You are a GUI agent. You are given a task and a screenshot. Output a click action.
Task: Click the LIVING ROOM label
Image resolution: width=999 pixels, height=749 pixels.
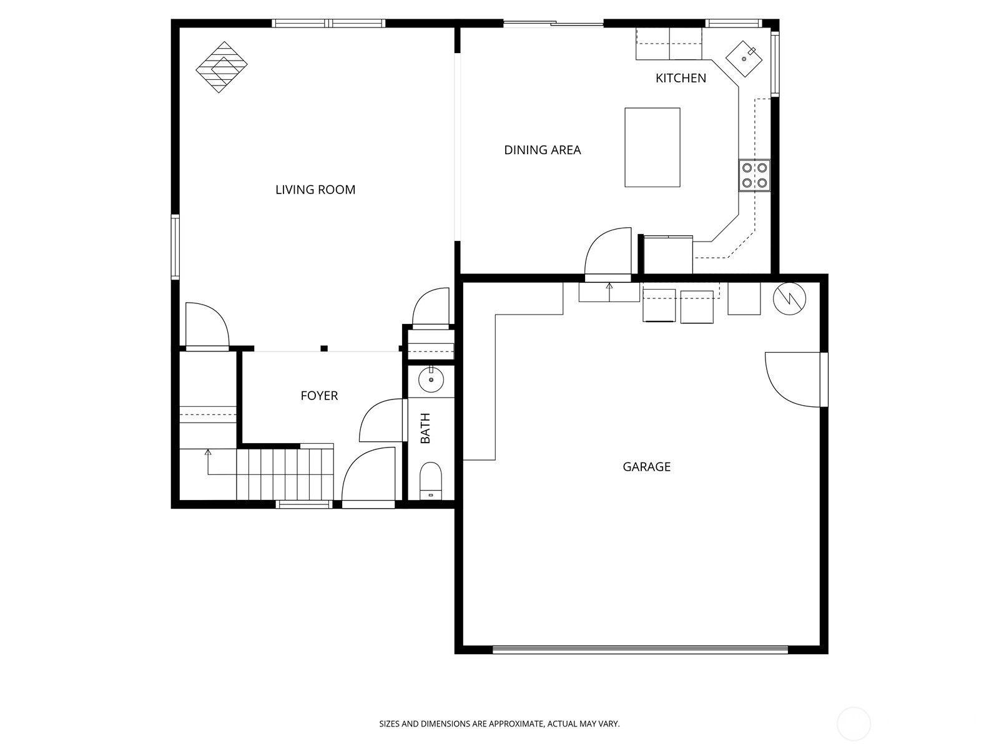[x=315, y=190]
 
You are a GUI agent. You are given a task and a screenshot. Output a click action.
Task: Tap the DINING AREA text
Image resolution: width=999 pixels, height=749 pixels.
[x=542, y=150]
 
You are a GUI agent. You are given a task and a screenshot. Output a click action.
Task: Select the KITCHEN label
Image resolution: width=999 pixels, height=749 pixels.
[x=681, y=78]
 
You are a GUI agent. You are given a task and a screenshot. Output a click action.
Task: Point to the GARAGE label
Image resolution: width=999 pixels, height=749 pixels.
[x=646, y=467]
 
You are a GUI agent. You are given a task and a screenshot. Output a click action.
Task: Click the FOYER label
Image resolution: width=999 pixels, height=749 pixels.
[x=319, y=396]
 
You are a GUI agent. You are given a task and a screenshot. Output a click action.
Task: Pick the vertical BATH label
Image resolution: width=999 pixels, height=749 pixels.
[x=426, y=428]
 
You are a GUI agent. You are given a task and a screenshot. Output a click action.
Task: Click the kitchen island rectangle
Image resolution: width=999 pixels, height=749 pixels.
[x=652, y=147]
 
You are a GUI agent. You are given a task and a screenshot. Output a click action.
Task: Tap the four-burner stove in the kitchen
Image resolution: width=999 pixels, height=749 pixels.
[x=754, y=175]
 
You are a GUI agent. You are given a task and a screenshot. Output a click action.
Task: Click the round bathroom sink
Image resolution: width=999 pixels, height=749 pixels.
[x=431, y=379]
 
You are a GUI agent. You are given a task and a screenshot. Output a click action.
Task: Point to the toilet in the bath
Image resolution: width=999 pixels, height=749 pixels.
[x=431, y=481]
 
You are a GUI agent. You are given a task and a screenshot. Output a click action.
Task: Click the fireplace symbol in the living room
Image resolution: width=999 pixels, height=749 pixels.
[x=222, y=67]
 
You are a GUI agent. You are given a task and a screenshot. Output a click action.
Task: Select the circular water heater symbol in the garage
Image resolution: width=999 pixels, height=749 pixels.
[x=790, y=299]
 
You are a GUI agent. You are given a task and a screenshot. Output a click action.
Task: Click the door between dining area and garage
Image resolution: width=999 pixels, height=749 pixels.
[x=608, y=253]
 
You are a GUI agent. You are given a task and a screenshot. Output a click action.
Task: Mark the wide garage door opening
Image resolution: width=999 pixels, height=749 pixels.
[x=640, y=650]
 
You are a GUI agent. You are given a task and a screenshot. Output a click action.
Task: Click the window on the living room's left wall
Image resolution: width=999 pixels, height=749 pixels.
[x=175, y=247]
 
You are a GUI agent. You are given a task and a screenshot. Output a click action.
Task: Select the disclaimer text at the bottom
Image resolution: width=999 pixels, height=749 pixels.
[x=499, y=724]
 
